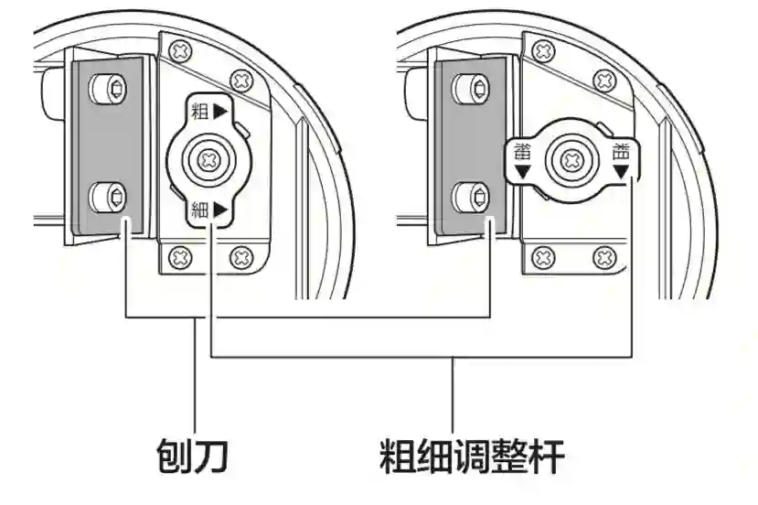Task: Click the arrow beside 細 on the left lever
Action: [220, 210]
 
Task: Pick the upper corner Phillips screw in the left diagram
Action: [241, 80]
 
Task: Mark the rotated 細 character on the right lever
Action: [523, 152]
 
